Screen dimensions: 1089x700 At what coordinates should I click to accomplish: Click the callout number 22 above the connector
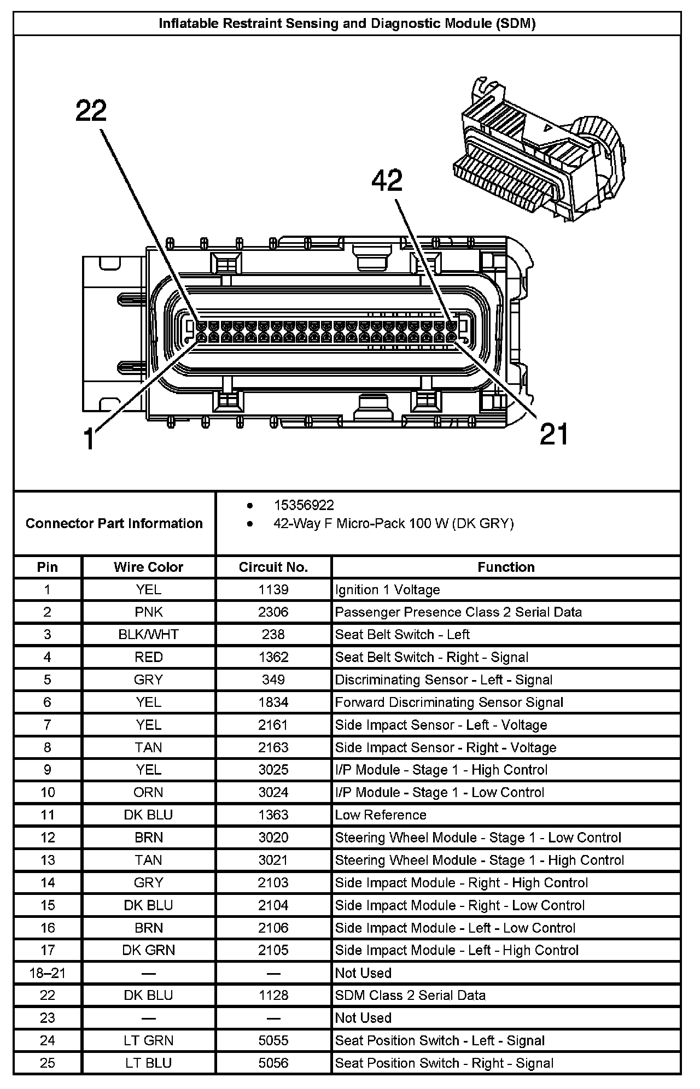tap(91, 111)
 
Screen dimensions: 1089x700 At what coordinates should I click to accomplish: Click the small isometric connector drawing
tap(539, 149)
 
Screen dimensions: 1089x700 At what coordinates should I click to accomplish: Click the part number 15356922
tap(304, 505)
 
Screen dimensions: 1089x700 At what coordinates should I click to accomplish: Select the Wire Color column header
tap(148, 567)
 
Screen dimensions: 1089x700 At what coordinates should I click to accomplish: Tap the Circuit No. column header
tap(273, 567)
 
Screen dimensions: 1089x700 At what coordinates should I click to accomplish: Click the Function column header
tap(506, 567)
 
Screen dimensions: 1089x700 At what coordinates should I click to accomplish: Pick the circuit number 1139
tap(273, 589)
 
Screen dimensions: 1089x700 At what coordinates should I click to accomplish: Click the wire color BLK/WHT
tap(148, 634)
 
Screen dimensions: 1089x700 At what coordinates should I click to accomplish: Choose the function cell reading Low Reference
tap(381, 815)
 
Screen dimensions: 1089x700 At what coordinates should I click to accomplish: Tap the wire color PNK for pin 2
tap(148, 612)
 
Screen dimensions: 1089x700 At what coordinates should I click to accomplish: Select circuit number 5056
tap(273, 1063)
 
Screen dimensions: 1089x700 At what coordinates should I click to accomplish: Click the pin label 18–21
tap(48, 973)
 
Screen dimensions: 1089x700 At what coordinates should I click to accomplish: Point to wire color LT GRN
tap(148, 1040)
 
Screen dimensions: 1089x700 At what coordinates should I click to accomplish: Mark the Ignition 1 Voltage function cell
tap(387, 589)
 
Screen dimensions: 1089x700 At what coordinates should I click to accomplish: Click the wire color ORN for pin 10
tap(148, 792)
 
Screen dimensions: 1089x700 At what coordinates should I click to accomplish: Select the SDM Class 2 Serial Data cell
tap(410, 995)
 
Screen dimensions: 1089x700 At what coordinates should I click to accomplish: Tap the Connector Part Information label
tap(114, 523)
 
